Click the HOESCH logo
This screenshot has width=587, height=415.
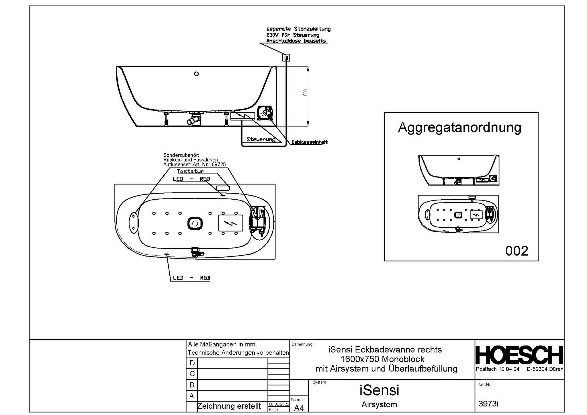tap(519, 355)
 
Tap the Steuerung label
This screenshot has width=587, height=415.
tap(261, 139)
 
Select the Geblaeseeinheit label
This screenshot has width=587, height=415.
tap(310, 142)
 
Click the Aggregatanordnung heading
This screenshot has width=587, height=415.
tap(459, 127)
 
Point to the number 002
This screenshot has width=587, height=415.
tap(516, 251)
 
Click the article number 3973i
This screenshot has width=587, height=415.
tap(488, 404)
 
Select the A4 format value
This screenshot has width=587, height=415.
tap(299, 408)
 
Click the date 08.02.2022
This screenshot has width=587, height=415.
tap(279, 404)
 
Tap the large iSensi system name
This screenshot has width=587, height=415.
tap(379, 390)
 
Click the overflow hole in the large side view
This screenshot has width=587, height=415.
tap(196, 74)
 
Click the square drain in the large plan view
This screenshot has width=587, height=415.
tap(195, 223)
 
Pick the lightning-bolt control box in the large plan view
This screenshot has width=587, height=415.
tap(231, 223)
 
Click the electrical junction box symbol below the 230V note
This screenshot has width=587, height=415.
tap(286, 58)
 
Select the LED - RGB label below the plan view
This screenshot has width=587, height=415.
tap(191, 278)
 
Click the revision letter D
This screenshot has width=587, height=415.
tap(192, 363)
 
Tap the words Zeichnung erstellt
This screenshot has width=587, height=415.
tap(229, 406)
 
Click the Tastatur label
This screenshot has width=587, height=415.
tap(191, 171)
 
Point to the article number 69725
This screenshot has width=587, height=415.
tap(219, 165)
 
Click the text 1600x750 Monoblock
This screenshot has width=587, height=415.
tap(382, 359)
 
